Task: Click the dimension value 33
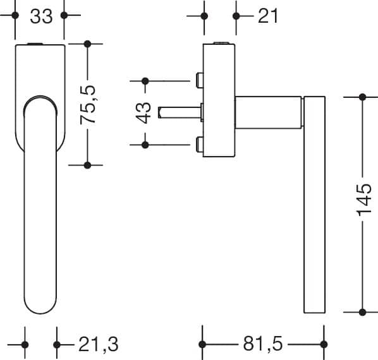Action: [41, 16]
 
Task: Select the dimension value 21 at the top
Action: [268, 16]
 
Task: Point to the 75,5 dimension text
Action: [88, 104]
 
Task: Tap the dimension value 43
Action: [143, 113]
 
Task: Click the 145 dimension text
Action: [363, 200]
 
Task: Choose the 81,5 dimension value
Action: [263, 344]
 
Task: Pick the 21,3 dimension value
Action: [99, 345]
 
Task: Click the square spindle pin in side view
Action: [180, 112]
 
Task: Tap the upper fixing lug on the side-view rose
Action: [200, 80]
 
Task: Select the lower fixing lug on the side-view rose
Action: [200, 144]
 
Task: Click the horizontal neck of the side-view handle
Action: [269, 112]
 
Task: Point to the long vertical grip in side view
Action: [314, 205]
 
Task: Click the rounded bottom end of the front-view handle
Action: [40, 306]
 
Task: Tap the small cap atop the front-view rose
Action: [35, 44]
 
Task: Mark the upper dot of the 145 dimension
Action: [362, 97]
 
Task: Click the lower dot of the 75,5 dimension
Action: [87, 165]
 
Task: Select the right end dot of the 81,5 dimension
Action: [324, 344]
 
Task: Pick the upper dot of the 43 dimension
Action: [145, 81]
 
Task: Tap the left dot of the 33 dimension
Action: [15, 15]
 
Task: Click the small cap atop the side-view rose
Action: [221, 43]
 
